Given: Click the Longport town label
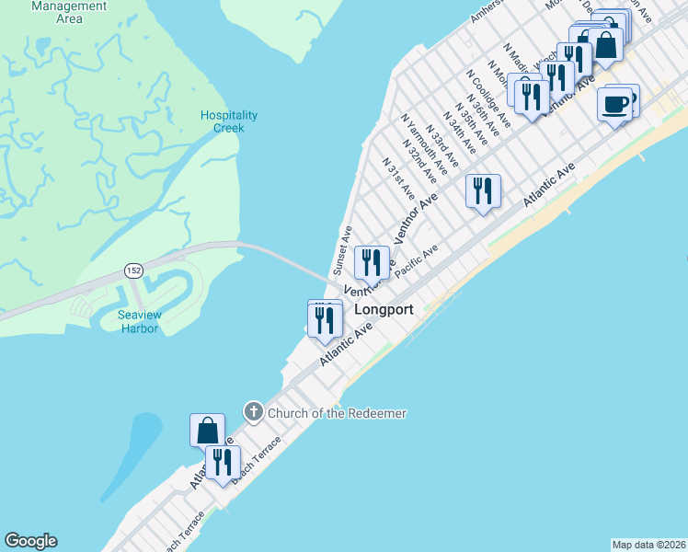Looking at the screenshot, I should coord(384,310).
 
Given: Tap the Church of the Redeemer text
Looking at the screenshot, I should coord(337,413).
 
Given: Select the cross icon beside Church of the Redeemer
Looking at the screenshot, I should coord(253,412).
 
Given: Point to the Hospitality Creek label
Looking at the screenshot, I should coord(229,121).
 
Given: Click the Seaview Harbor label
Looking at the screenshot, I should coord(140,322).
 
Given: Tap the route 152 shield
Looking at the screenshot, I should coord(132,270).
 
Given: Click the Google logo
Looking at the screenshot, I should coord(30,541).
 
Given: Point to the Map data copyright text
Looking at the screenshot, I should coord(648,545).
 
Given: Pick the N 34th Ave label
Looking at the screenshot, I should coord(459,132).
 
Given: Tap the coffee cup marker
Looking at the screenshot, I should coord(614,103).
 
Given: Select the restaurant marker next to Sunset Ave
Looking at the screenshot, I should coord(372,263).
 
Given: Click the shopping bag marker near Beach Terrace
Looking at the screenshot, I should coord(207,430).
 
